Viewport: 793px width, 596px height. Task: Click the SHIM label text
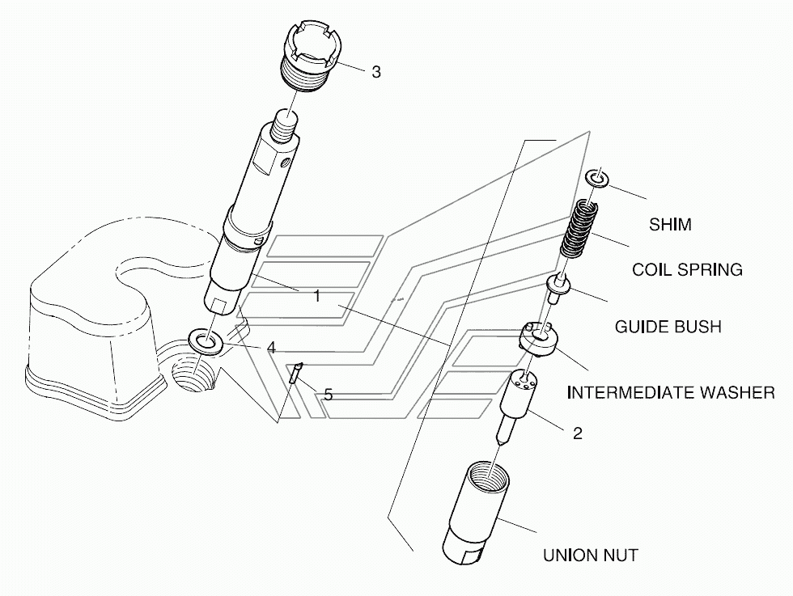click(670, 225)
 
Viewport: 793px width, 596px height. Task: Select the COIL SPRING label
click(687, 269)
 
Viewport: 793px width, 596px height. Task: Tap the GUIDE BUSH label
click(668, 327)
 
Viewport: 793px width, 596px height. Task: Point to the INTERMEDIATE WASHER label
click(670, 393)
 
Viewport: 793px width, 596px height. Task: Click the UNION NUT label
click(590, 556)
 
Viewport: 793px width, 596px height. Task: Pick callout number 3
click(376, 72)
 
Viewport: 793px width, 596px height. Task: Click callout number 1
click(317, 297)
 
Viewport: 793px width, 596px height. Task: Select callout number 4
click(271, 348)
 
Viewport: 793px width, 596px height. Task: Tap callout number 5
click(328, 395)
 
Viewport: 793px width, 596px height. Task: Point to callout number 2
click(577, 433)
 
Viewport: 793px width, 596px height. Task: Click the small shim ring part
click(596, 178)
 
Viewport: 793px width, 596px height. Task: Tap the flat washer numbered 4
click(206, 340)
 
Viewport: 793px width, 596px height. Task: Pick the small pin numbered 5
click(297, 374)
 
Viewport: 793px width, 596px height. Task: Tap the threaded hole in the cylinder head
click(194, 374)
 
